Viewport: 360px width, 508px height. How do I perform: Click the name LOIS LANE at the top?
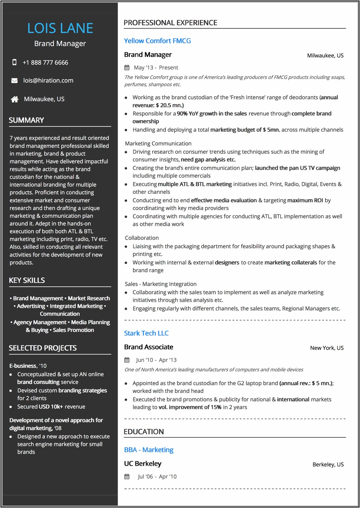click(60, 28)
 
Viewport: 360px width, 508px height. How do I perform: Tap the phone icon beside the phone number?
click(14, 62)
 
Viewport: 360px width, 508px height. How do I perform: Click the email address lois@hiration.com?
click(48, 81)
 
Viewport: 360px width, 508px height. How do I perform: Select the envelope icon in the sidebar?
click(14, 81)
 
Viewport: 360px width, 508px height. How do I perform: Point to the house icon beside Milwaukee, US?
click(14, 99)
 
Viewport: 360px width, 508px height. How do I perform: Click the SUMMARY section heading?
click(27, 120)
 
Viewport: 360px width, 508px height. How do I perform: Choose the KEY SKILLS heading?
click(27, 280)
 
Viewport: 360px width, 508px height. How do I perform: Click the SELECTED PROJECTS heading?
click(43, 348)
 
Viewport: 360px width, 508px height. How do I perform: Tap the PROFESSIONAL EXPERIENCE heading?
click(170, 23)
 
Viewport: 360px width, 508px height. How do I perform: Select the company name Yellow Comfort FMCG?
click(157, 41)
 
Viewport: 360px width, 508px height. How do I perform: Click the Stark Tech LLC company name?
click(146, 333)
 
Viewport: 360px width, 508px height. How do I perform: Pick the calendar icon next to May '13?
click(127, 68)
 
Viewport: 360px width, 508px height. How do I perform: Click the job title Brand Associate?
click(149, 347)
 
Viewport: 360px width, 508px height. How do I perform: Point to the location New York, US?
click(327, 348)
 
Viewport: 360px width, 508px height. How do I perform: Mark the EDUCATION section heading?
click(144, 432)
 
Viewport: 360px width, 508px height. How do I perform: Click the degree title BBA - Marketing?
click(149, 450)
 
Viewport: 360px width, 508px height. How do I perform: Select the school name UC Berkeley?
click(142, 464)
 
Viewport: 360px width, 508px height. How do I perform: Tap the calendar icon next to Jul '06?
click(127, 477)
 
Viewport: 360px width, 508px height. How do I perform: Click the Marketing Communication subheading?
click(158, 144)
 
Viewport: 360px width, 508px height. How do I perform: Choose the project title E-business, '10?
click(28, 366)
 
